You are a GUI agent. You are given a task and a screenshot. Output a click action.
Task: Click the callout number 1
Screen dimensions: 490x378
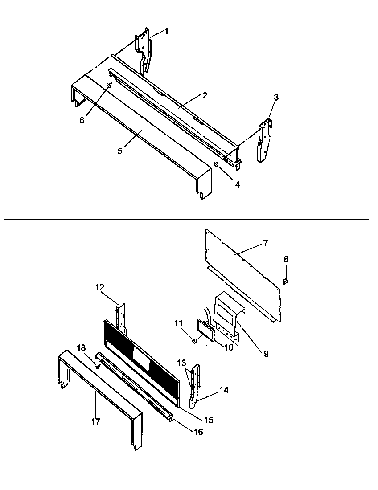(166, 31)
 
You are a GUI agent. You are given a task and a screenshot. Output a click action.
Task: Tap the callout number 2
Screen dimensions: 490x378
(204, 95)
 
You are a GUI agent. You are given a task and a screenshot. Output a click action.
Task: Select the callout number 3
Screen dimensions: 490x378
(276, 98)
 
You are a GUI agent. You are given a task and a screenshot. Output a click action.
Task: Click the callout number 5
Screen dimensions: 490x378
(120, 151)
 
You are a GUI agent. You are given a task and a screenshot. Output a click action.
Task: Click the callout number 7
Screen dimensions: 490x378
(265, 243)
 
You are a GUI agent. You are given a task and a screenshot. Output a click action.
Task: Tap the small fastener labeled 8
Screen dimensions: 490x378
(285, 281)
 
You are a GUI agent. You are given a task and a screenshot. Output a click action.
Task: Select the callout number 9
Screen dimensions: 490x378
(266, 354)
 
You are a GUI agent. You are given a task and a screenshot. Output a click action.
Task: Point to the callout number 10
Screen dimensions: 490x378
(229, 347)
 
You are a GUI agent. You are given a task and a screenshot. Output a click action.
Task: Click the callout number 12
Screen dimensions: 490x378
(99, 288)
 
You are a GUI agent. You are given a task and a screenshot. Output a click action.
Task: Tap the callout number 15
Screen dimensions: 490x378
(209, 420)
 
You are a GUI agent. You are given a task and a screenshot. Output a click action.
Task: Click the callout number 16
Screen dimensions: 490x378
(198, 432)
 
